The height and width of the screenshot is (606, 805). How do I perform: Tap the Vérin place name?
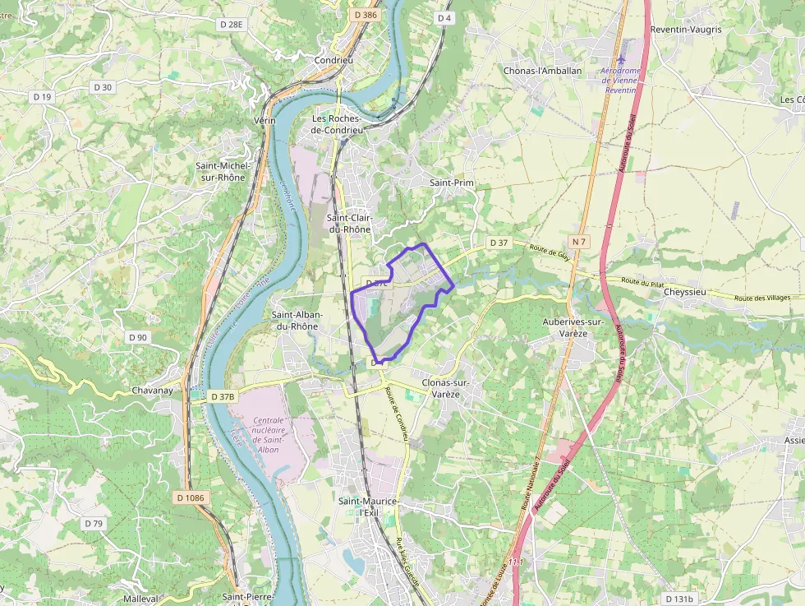[x=265, y=121]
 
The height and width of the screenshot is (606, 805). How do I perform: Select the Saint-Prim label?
[x=453, y=183]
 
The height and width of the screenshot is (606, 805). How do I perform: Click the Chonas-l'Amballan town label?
[x=542, y=71]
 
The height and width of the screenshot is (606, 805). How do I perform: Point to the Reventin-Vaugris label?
[x=685, y=30]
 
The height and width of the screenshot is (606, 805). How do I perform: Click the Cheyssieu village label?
[x=685, y=292]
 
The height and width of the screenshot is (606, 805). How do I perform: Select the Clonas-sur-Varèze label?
[x=444, y=388]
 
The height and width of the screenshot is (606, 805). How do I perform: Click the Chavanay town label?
[x=153, y=391]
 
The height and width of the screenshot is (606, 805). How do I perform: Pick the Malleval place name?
[x=140, y=599]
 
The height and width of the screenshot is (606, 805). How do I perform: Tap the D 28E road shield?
[x=232, y=25]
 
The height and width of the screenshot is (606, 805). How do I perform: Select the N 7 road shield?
[x=580, y=241]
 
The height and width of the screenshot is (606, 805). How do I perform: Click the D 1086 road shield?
[x=190, y=497]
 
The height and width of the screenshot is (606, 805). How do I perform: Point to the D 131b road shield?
[x=679, y=599]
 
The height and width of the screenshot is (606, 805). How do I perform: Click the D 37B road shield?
[x=223, y=396]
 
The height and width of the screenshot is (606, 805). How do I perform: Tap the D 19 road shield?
[x=43, y=97]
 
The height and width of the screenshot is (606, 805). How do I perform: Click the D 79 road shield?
[x=94, y=523]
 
